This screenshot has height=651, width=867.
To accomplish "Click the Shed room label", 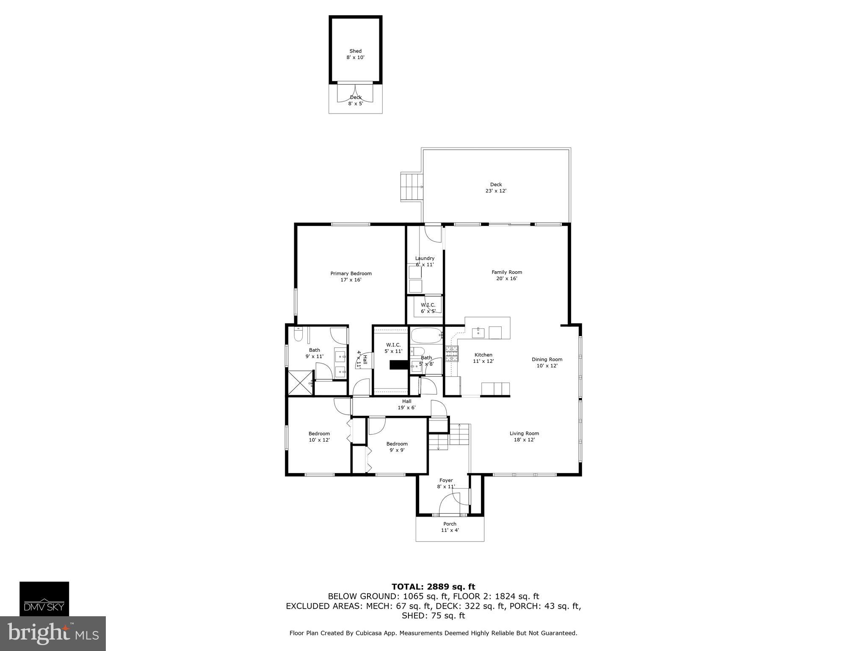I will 356,54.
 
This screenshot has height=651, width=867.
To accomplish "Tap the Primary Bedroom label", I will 351,277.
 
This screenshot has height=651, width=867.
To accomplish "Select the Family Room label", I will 507,275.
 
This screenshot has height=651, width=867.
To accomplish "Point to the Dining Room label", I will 547,363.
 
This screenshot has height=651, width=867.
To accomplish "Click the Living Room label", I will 524,437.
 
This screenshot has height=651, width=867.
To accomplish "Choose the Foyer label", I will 446,484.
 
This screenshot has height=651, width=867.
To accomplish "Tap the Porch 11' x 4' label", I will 450,527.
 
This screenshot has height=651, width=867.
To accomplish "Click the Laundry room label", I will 425,262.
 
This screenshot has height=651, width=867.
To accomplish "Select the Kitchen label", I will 483,358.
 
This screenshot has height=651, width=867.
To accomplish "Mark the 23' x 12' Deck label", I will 496,188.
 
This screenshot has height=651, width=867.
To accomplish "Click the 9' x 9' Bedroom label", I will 397,447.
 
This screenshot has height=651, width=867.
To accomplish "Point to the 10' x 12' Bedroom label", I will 319,437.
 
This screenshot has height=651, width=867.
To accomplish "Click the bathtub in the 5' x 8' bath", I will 426,336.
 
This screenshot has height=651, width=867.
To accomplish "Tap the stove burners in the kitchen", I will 452,353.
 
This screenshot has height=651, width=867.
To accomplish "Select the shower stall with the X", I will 301,383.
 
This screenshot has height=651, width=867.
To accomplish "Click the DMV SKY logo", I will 44,598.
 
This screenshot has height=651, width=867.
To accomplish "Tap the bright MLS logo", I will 52,633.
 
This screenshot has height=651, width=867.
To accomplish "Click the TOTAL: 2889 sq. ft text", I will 433,587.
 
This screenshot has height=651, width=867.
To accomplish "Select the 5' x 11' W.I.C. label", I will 393,348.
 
